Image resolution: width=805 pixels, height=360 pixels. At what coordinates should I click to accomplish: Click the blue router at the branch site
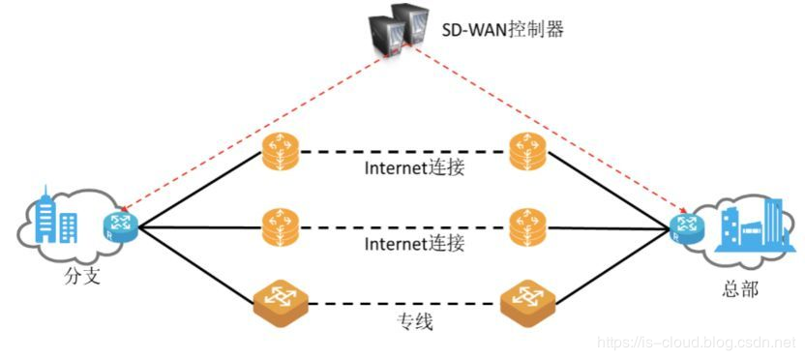click(119, 226)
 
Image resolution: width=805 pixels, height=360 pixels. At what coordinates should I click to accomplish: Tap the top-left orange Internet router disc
click(281, 151)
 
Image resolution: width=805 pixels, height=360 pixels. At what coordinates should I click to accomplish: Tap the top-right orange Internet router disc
click(528, 151)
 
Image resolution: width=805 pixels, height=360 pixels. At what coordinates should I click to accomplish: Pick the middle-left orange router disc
click(281, 227)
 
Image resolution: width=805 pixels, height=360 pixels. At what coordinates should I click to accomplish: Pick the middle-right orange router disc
click(528, 227)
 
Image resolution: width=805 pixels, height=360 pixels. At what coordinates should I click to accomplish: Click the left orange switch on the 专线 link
click(281, 302)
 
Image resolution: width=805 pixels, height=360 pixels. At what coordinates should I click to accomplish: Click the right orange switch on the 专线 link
click(528, 302)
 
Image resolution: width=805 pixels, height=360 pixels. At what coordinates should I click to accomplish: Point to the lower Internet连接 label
click(415, 244)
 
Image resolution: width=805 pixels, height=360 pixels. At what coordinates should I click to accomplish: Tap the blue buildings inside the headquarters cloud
click(750, 227)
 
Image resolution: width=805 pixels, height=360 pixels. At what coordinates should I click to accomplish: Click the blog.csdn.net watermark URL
click(697, 343)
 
